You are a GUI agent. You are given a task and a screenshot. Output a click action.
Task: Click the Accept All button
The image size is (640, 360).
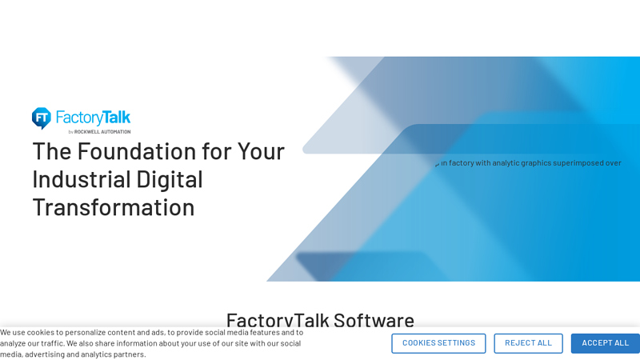(x=605, y=343)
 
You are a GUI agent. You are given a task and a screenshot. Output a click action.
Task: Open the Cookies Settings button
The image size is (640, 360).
(x=438, y=343)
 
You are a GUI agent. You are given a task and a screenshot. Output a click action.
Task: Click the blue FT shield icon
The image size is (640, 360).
(x=42, y=118)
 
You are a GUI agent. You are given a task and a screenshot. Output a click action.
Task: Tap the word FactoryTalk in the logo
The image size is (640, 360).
(x=93, y=118)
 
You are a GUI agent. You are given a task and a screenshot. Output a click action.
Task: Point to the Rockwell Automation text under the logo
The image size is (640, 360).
(x=102, y=131)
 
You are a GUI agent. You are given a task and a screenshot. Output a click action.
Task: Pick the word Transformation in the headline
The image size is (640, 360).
(x=113, y=206)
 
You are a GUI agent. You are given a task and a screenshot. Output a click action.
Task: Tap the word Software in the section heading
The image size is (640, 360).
(x=374, y=320)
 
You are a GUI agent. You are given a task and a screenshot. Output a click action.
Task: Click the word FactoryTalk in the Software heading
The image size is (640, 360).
(x=277, y=320)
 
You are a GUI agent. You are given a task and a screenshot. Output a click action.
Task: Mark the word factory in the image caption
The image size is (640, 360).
(x=461, y=163)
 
